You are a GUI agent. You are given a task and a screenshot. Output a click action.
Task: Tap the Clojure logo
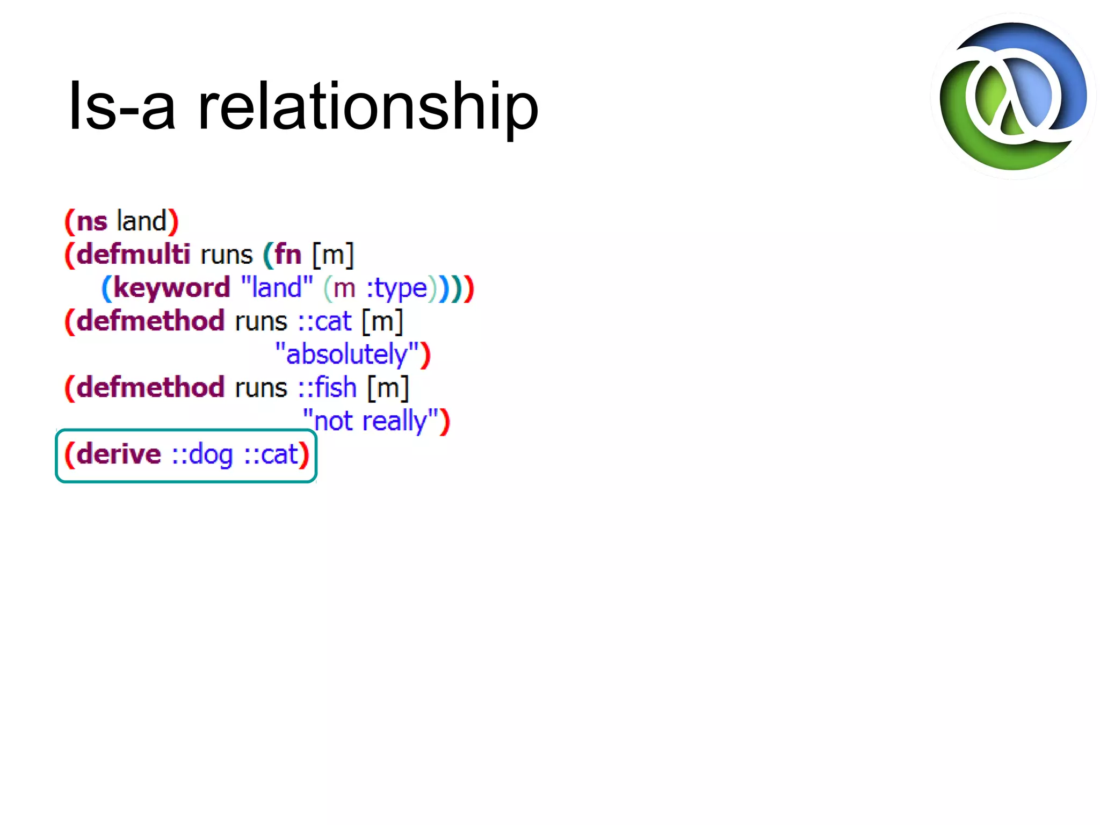click(x=1013, y=97)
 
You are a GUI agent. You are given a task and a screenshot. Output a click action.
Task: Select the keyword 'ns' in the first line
click(x=92, y=222)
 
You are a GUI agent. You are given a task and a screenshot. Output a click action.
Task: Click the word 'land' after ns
click(x=141, y=221)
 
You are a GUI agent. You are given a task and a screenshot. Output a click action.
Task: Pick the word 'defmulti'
click(x=133, y=254)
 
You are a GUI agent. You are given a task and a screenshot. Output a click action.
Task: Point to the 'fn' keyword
click(x=288, y=254)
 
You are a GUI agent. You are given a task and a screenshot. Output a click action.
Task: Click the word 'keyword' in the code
click(x=171, y=288)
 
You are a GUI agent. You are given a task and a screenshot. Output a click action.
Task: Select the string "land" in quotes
click(x=277, y=287)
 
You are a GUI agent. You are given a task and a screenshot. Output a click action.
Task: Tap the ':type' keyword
click(x=396, y=288)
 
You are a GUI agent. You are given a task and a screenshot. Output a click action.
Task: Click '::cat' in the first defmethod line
click(x=324, y=321)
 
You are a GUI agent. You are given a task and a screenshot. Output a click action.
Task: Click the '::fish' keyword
click(x=327, y=387)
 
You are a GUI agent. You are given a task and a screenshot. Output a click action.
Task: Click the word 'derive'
click(x=119, y=454)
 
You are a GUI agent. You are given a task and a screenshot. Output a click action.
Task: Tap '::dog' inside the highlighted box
click(x=202, y=455)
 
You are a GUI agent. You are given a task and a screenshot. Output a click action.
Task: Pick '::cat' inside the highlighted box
click(x=271, y=455)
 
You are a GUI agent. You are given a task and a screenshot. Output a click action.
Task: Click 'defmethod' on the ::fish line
click(x=150, y=387)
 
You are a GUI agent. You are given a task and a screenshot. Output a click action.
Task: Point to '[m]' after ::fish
click(x=388, y=387)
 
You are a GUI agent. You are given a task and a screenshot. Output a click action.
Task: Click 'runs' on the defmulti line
click(x=226, y=254)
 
